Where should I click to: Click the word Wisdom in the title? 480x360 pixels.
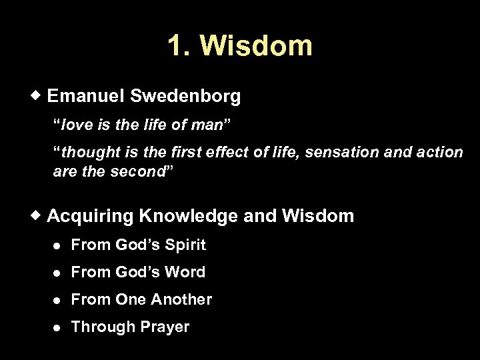(255, 45)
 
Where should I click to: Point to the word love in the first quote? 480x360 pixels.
(76, 125)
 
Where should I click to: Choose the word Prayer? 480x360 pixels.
(163, 327)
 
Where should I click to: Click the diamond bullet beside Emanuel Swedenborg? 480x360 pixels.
(39, 97)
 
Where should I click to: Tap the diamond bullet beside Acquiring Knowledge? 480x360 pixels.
(39, 215)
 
